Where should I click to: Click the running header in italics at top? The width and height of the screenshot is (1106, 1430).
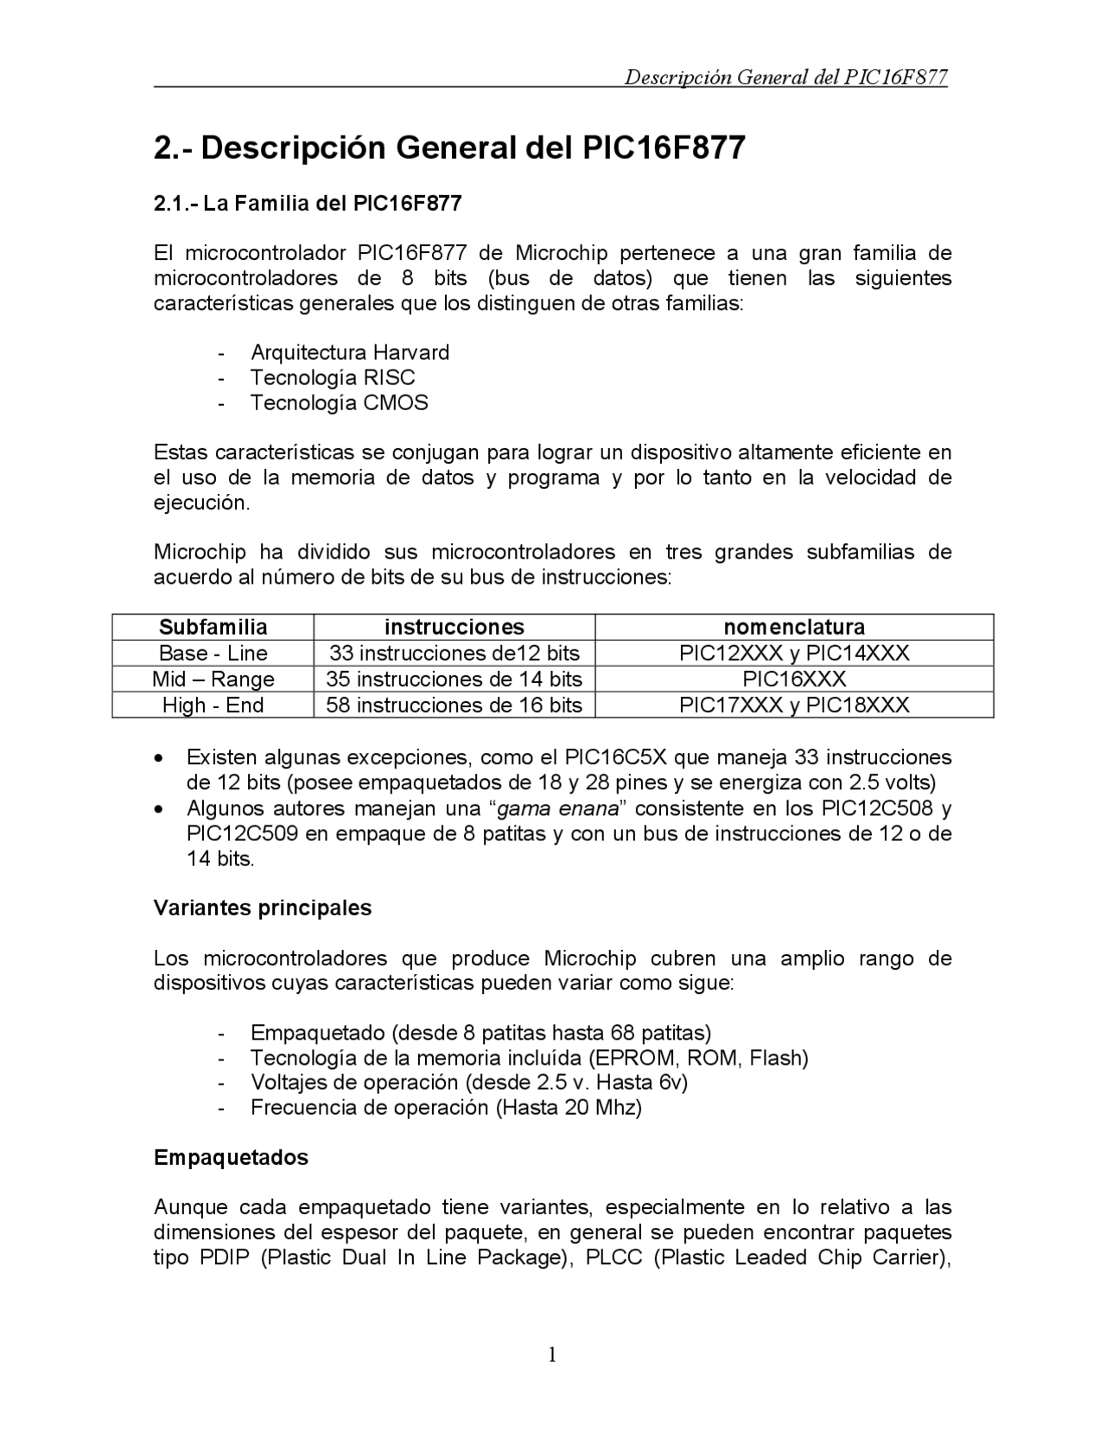click(785, 78)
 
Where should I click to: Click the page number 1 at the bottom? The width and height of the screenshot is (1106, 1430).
click(552, 1354)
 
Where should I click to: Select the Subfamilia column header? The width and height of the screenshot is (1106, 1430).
click(213, 627)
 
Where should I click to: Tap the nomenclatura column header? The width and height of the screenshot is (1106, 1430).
click(793, 627)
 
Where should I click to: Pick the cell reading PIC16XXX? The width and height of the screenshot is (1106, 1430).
click(793, 679)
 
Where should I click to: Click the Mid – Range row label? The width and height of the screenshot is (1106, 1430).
click(213, 679)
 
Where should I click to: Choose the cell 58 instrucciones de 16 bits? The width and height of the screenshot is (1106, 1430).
click(454, 705)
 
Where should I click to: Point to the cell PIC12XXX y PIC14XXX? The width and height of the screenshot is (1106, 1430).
click(793, 653)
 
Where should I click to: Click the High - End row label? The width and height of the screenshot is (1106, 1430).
click(213, 705)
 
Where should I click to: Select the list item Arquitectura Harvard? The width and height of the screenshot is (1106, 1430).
click(349, 352)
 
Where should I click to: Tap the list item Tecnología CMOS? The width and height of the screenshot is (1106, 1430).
click(339, 402)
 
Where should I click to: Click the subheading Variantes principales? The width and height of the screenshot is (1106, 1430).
click(263, 908)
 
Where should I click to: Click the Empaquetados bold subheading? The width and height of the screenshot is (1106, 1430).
click(231, 1157)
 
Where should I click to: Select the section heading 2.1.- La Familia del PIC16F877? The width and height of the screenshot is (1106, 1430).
click(308, 204)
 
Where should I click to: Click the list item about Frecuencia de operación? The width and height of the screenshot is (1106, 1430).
click(446, 1107)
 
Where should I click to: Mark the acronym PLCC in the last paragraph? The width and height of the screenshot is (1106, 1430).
click(613, 1257)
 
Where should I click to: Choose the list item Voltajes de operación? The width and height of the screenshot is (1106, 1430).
click(468, 1082)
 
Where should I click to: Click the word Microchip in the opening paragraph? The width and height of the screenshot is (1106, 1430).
click(562, 253)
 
